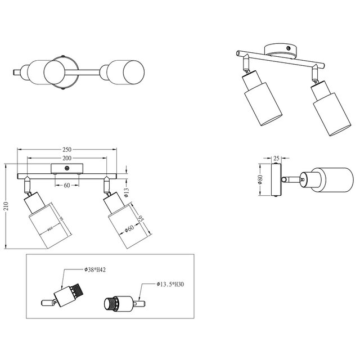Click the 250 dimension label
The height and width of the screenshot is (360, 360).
click(67, 150)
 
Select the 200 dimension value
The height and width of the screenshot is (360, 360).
click(67, 159)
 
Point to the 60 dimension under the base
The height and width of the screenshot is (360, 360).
click(66, 185)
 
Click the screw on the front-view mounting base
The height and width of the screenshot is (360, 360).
click(67, 168)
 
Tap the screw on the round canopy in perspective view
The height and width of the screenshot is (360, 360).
click(288, 49)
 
